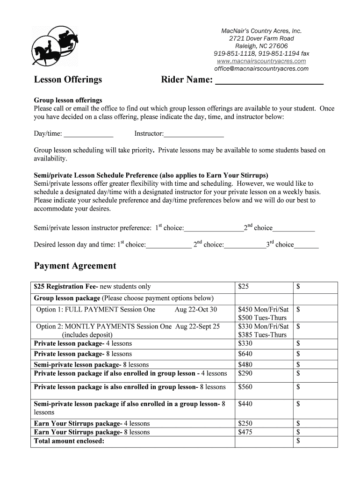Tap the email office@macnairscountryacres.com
[261, 69]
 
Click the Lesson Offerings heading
[68, 80]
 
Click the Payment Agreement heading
[75, 266]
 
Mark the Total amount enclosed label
[69, 441]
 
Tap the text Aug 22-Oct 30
[196, 310]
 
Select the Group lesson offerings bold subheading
[68, 101]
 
